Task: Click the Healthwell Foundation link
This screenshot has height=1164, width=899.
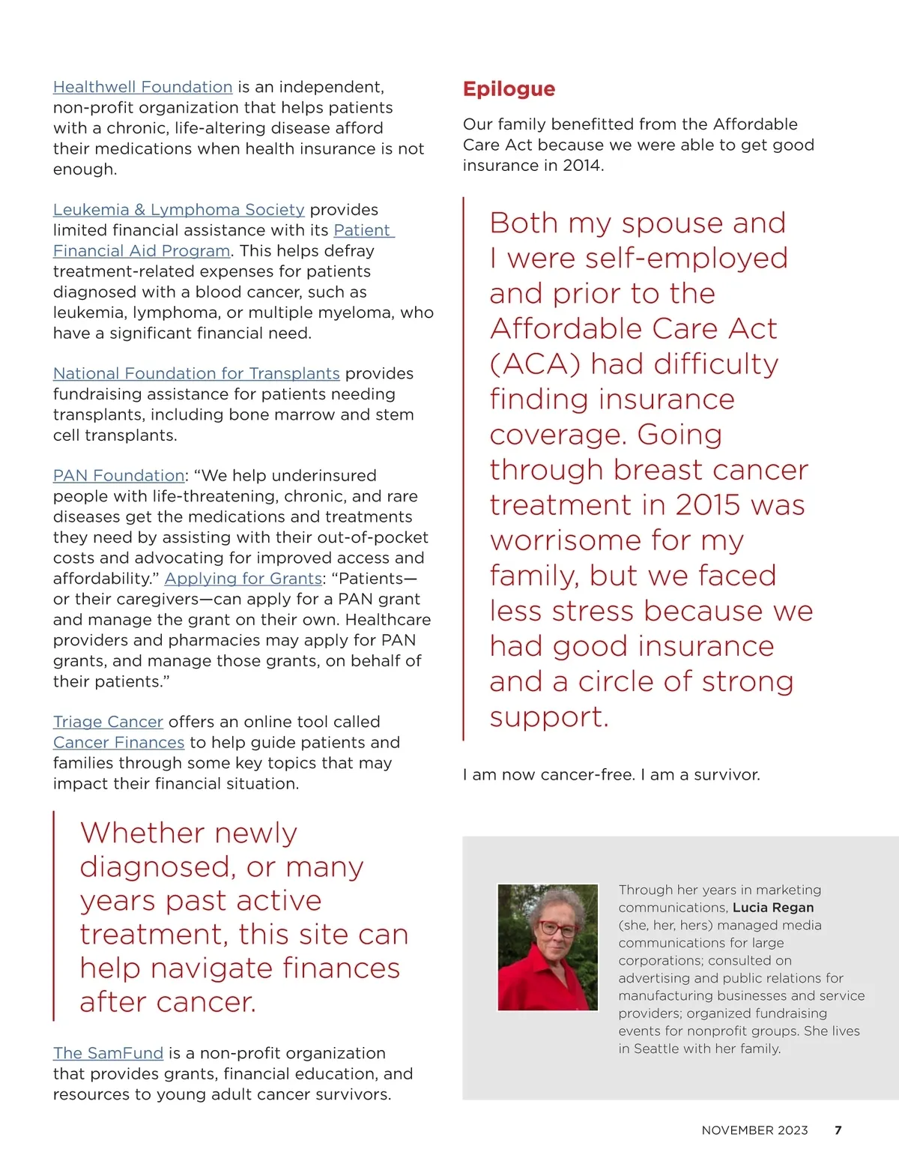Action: (x=142, y=87)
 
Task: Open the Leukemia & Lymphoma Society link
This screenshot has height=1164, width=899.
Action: (x=178, y=210)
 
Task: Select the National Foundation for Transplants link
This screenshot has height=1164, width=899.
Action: (x=196, y=373)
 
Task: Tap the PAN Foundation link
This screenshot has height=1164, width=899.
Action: (x=118, y=476)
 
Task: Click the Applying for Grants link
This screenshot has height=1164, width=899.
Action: (x=243, y=579)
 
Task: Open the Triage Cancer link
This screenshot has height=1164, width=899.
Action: (x=108, y=722)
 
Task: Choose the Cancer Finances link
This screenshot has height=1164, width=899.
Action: (x=118, y=743)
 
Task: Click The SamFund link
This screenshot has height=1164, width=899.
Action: (x=108, y=1053)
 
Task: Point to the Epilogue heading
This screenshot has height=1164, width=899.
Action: (x=509, y=89)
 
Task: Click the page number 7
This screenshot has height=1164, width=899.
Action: (x=838, y=1130)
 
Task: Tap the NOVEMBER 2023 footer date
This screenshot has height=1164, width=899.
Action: (x=754, y=1130)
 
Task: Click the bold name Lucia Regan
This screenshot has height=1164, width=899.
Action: (x=773, y=908)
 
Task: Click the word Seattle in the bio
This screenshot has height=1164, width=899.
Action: (x=656, y=1049)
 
